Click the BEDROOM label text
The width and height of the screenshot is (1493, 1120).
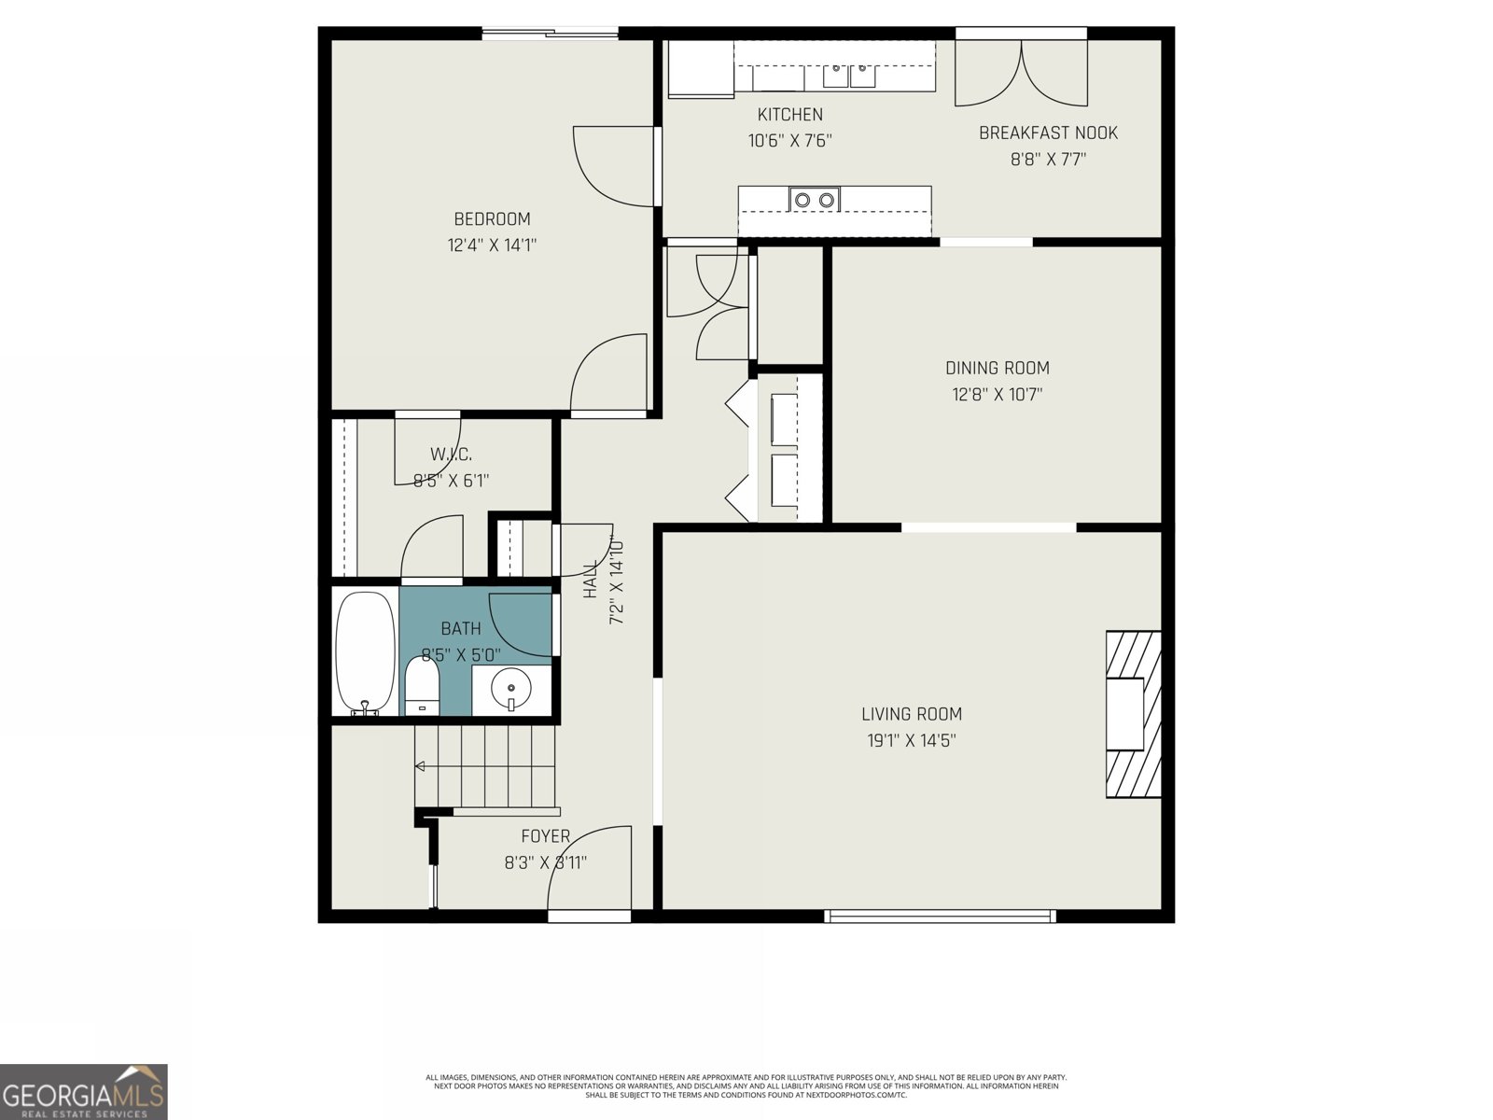click(492, 219)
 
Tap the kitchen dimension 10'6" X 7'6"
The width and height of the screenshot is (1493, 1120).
click(789, 141)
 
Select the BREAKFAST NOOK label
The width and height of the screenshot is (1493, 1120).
click(1047, 133)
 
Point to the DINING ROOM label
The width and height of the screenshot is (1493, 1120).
click(997, 368)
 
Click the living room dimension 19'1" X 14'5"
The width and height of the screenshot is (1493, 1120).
click(911, 741)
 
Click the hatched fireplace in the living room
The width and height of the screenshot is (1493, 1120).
click(1134, 714)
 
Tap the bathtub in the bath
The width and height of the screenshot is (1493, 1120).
click(365, 652)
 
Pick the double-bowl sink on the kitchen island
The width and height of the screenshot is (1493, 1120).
click(814, 199)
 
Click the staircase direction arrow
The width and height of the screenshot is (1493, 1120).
click(421, 766)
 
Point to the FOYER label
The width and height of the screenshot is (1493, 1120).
click(545, 836)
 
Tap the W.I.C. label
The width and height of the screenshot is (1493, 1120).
click(451, 455)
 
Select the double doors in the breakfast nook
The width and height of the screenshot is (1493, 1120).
click(1021, 73)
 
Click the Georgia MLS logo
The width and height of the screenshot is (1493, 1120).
click(84, 1091)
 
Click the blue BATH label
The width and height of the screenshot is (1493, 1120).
click(461, 629)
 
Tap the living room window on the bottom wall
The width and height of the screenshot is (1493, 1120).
click(941, 917)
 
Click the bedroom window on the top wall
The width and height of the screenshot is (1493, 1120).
click(551, 35)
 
